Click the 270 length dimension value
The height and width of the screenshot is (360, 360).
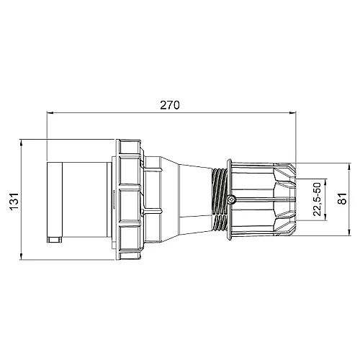169,104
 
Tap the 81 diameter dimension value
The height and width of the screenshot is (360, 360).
343,196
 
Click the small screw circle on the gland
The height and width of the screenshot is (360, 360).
232,199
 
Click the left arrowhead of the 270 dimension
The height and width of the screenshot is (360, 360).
49,113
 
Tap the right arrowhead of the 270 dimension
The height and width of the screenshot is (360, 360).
292,113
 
